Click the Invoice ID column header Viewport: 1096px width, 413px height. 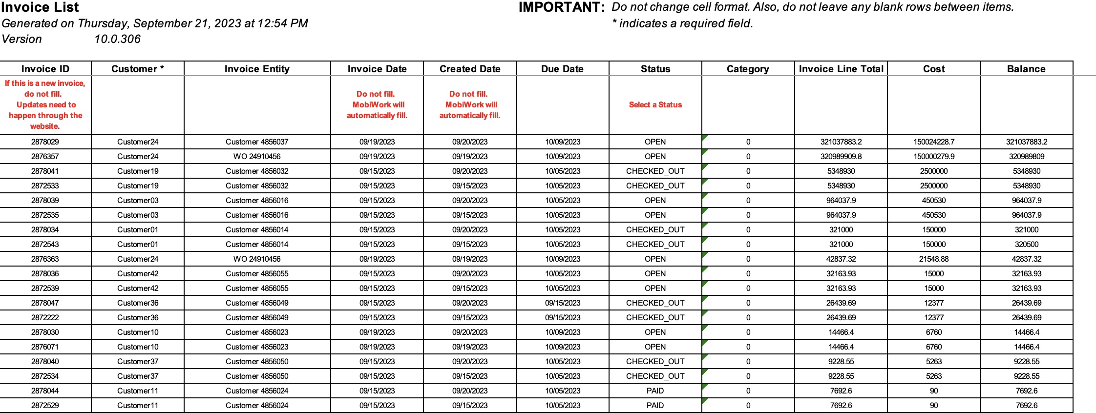tap(45, 69)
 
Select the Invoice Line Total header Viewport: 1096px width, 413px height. tap(841, 69)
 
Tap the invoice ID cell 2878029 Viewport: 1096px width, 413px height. tap(45, 142)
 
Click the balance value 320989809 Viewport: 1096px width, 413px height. tap(1026, 156)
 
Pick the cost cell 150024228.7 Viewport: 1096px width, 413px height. tap(934, 142)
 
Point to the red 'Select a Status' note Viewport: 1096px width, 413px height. tap(655, 104)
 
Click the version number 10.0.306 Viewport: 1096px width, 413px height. tap(117, 39)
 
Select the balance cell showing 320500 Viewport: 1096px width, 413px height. tap(1026, 244)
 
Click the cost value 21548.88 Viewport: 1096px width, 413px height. tap(934, 259)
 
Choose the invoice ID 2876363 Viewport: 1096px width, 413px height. tap(45, 259)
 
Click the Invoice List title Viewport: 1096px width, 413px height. tap(40, 7)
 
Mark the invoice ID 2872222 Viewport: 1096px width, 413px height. tap(45, 317)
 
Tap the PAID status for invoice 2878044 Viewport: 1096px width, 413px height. tap(655, 391)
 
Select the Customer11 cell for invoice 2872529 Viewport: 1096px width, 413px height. tap(138, 405)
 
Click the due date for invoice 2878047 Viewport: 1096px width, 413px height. tap(563, 303)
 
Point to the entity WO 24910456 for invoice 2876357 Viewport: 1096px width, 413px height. tap(257, 156)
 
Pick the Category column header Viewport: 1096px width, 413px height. tap(748, 69)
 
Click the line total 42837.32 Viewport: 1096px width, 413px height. tap(841, 259)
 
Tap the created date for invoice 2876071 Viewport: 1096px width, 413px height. tap(470, 347)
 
